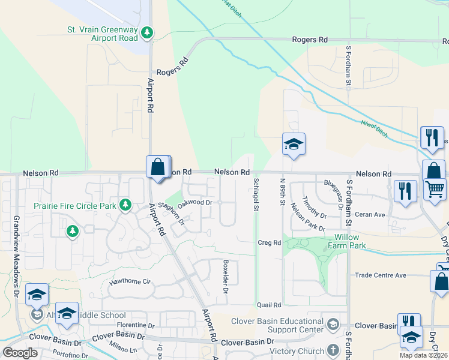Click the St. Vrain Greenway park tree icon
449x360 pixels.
pyautogui.click(x=146, y=33)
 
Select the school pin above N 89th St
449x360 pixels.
pyautogui.click(x=294, y=145)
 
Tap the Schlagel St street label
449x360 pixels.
pyautogui.click(x=256, y=194)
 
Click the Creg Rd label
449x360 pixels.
pyautogui.click(x=270, y=243)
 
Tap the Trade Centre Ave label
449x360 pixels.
pyautogui.click(x=380, y=275)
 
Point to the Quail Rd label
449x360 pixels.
pyautogui.click(x=268, y=305)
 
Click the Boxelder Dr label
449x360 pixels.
pyautogui.click(x=226, y=277)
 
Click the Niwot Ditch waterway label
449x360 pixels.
pyautogui.click(x=375, y=128)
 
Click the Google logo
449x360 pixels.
pyautogui.click(x=20, y=353)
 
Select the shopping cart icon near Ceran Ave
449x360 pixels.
pyautogui.click(x=435, y=189)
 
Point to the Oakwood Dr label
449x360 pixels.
pyautogui.click(x=196, y=203)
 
